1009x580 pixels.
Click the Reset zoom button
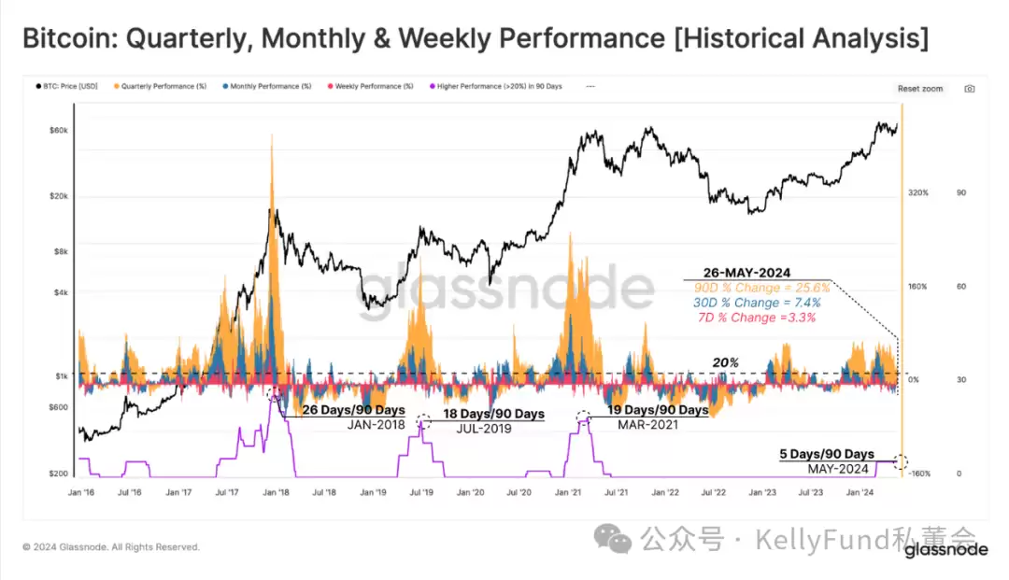tap(919, 89)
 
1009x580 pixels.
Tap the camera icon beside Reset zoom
tap(969, 89)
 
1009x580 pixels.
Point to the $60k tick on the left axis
tap(58, 130)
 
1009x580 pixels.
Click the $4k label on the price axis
tap(60, 292)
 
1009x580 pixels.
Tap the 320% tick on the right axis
tap(917, 192)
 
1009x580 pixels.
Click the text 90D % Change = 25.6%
tap(761, 288)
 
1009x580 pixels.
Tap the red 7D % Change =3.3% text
tap(757, 318)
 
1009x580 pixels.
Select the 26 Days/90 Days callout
tap(353, 410)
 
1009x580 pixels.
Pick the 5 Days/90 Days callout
tap(826, 455)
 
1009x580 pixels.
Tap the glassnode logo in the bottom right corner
tap(945, 550)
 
